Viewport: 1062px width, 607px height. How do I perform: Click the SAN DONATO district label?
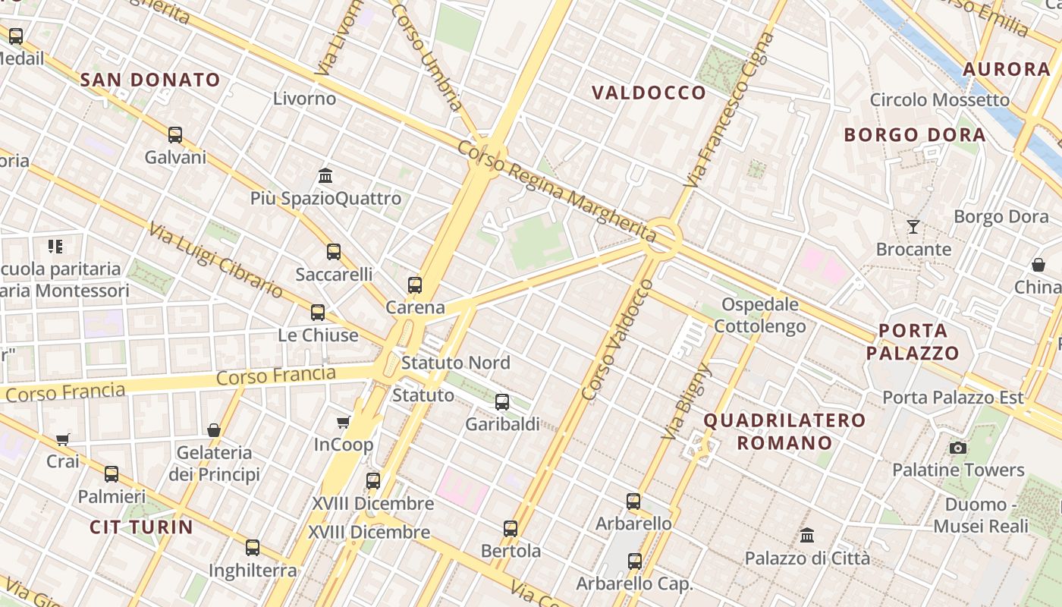pyautogui.click(x=150, y=80)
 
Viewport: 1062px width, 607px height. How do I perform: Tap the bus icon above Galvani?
pyautogui.click(x=175, y=135)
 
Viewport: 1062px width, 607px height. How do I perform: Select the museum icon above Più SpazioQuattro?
pyautogui.click(x=325, y=176)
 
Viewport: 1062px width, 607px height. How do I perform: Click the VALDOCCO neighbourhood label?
pyautogui.click(x=649, y=93)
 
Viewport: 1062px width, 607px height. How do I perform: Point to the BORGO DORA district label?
pyautogui.click(x=915, y=135)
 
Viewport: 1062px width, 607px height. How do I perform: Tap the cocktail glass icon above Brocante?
pyautogui.click(x=913, y=227)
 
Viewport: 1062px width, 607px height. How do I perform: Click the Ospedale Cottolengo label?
pyautogui.click(x=760, y=316)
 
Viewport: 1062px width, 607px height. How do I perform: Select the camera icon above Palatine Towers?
pyautogui.click(x=958, y=448)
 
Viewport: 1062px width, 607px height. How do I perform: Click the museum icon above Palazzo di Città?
pyautogui.click(x=807, y=536)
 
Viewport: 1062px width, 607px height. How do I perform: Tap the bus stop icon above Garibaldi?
pyautogui.click(x=502, y=402)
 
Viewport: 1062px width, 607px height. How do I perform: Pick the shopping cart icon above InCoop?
pyautogui.click(x=344, y=422)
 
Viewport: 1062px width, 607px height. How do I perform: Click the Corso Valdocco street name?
pyautogui.click(x=617, y=339)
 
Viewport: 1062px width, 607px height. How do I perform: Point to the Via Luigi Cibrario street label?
pyautogui.click(x=215, y=260)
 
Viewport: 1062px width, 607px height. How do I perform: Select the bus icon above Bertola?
pyautogui.click(x=511, y=529)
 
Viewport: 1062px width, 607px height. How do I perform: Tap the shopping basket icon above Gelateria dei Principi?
pyautogui.click(x=214, y=430)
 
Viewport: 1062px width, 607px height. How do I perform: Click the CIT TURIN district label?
pyautogui.click(x=141, y=527)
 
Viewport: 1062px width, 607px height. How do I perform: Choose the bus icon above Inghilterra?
pyautogui.click(x=253, y=548)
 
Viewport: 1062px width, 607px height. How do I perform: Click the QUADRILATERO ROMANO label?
pyautogui.click(x=784, y=431)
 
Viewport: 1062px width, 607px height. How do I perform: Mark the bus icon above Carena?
pyautogui.click(x=415, y=285)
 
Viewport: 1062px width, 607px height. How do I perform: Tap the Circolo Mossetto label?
pyautogui.click(x=940, y=100)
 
